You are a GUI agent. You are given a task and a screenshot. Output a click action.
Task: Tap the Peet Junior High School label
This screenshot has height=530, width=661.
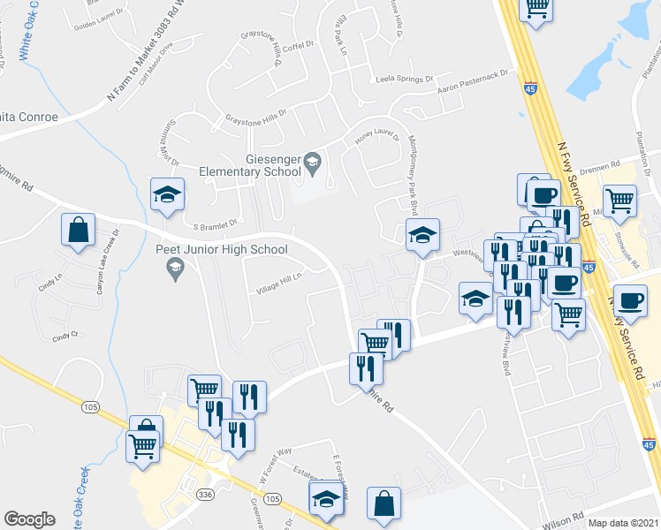(221, 249)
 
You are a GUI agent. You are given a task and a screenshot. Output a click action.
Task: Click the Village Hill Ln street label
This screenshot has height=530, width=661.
(279, 282)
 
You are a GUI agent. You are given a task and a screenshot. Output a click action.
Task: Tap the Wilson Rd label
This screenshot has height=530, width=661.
(566, 518)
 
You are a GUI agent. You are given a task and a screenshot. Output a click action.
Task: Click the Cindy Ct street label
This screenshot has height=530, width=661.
(65, 336)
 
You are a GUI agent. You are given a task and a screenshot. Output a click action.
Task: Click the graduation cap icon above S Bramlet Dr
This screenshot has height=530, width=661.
(166, 195)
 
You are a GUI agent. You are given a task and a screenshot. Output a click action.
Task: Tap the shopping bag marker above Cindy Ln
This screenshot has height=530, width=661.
(78, 231)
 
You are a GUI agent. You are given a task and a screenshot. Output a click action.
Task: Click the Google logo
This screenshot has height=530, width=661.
(29, 519)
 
